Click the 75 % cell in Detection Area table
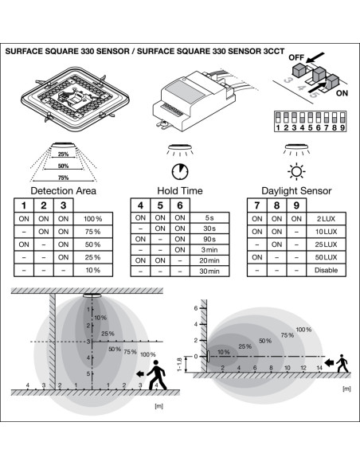point(93,232)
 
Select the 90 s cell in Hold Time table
point(209,239)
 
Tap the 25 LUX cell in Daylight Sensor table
point(327,244)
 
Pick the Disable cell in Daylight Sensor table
point(327,270)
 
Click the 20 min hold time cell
point(209,260)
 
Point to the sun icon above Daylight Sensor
point(296,171)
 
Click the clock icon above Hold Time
point(180,171)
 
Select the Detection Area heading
point(64,190)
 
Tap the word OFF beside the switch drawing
point(296,57)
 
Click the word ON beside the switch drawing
point(342,93)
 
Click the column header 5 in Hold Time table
point(160,205)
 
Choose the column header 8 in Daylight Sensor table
point(276,205)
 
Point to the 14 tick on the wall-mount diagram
point(319,368)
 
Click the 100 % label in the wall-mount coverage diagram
point(303,330)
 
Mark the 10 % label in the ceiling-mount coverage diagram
point(100,318)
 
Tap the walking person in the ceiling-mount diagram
point(157,375)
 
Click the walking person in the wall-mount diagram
point(342,363)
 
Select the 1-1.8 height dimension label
point(179,365)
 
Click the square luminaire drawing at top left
point(75,99)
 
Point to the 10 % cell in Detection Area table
point(93,270)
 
